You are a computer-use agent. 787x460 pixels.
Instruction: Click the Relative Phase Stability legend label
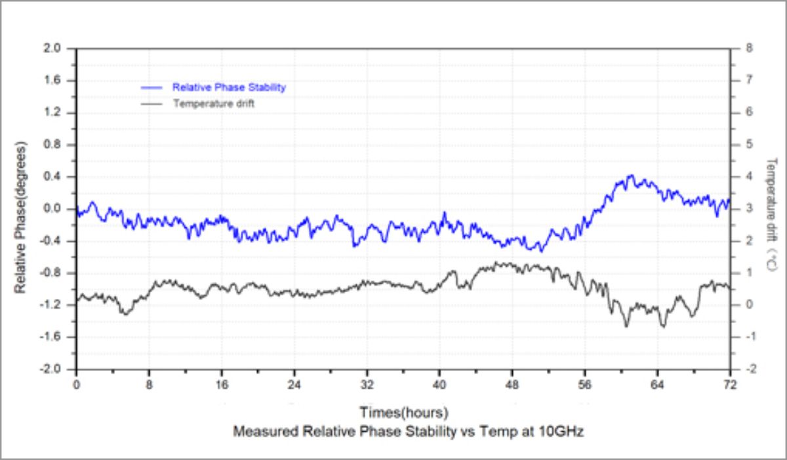pyautogui.click(x=229, y=87)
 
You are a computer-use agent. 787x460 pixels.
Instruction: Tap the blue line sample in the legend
pyautogui.click(x=152, y=87)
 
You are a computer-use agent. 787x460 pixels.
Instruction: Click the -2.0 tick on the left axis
pyautogui.click(x=61, y=369)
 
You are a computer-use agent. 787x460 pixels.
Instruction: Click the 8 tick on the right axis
pyautogui.click(x=749, y=48)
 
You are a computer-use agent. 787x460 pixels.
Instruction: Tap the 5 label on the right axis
pyautogui.click(x=749, y=145)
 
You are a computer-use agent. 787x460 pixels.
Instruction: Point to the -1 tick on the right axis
pyautogui.click(x=748, y=337)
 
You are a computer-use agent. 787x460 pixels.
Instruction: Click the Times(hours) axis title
pyautogui.click(x=403, y=413)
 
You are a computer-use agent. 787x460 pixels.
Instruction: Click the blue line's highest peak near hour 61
pyautogui.click(x=630, y=176)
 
